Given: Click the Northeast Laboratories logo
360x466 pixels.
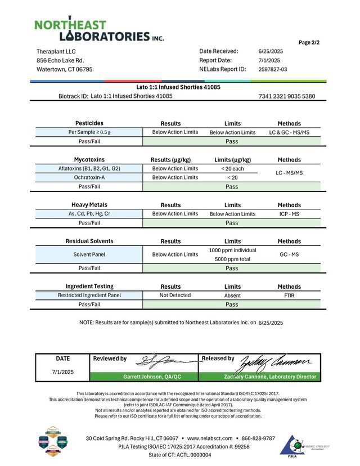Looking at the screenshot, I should (99, 30).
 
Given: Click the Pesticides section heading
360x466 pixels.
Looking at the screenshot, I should (89, 123).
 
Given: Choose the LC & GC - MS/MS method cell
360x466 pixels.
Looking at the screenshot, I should (289, 132).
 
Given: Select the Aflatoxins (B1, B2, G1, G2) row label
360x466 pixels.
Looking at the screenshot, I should (89, 168).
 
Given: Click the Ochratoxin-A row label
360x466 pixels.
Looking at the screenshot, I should (89, 177).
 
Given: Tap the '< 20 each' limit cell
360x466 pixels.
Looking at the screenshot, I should (232, 168).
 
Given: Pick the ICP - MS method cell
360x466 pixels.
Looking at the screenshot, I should (289, 214).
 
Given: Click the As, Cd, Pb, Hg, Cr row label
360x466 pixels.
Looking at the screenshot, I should (89, 214).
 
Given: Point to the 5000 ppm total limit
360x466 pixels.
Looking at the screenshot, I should (232, 259).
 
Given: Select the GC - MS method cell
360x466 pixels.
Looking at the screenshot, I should (289, 254).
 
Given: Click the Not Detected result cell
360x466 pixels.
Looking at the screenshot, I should (175, 295).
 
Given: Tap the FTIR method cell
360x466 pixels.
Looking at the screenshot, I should (289, 295).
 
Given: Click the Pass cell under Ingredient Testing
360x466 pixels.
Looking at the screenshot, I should (232, 304).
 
